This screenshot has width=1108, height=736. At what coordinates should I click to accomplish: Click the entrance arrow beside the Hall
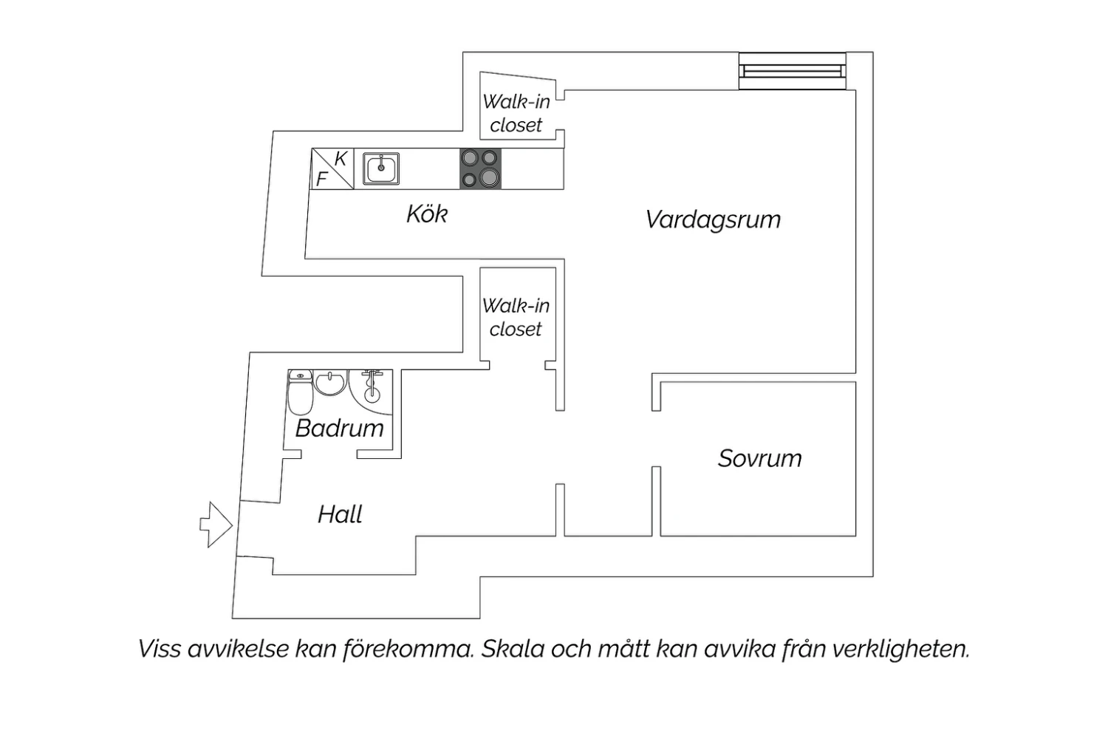coord(216,525)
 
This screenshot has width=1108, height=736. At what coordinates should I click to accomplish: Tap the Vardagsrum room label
coord(713,219)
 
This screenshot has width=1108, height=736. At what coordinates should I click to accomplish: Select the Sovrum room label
coord(760,458)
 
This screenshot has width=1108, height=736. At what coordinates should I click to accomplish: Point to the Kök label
coord(427,214)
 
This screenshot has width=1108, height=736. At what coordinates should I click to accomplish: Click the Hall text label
coord(340,514)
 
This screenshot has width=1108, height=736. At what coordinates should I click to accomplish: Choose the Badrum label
coord(339,428)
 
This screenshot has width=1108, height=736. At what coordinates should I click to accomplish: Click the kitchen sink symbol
coord(381,168)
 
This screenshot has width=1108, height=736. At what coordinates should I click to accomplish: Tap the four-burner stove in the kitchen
coord(480,168)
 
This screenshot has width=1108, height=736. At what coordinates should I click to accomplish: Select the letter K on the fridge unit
coord(341,159)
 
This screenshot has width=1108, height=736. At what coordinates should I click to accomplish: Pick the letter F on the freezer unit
coord(321,179)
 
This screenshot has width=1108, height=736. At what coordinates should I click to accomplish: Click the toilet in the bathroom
coord(300,392)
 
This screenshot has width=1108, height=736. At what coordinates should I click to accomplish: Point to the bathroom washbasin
coord(330,383)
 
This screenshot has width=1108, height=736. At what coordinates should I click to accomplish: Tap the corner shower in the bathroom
coord(371,392)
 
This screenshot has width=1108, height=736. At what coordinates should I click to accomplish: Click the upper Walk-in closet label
coord(516,113)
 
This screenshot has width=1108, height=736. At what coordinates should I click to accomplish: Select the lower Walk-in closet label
coord(516,317)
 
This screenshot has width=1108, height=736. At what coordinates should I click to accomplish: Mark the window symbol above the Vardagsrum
coord(793,71)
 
